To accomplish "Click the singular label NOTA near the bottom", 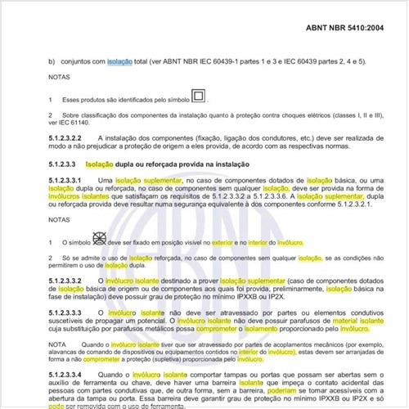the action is point(60,344).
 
